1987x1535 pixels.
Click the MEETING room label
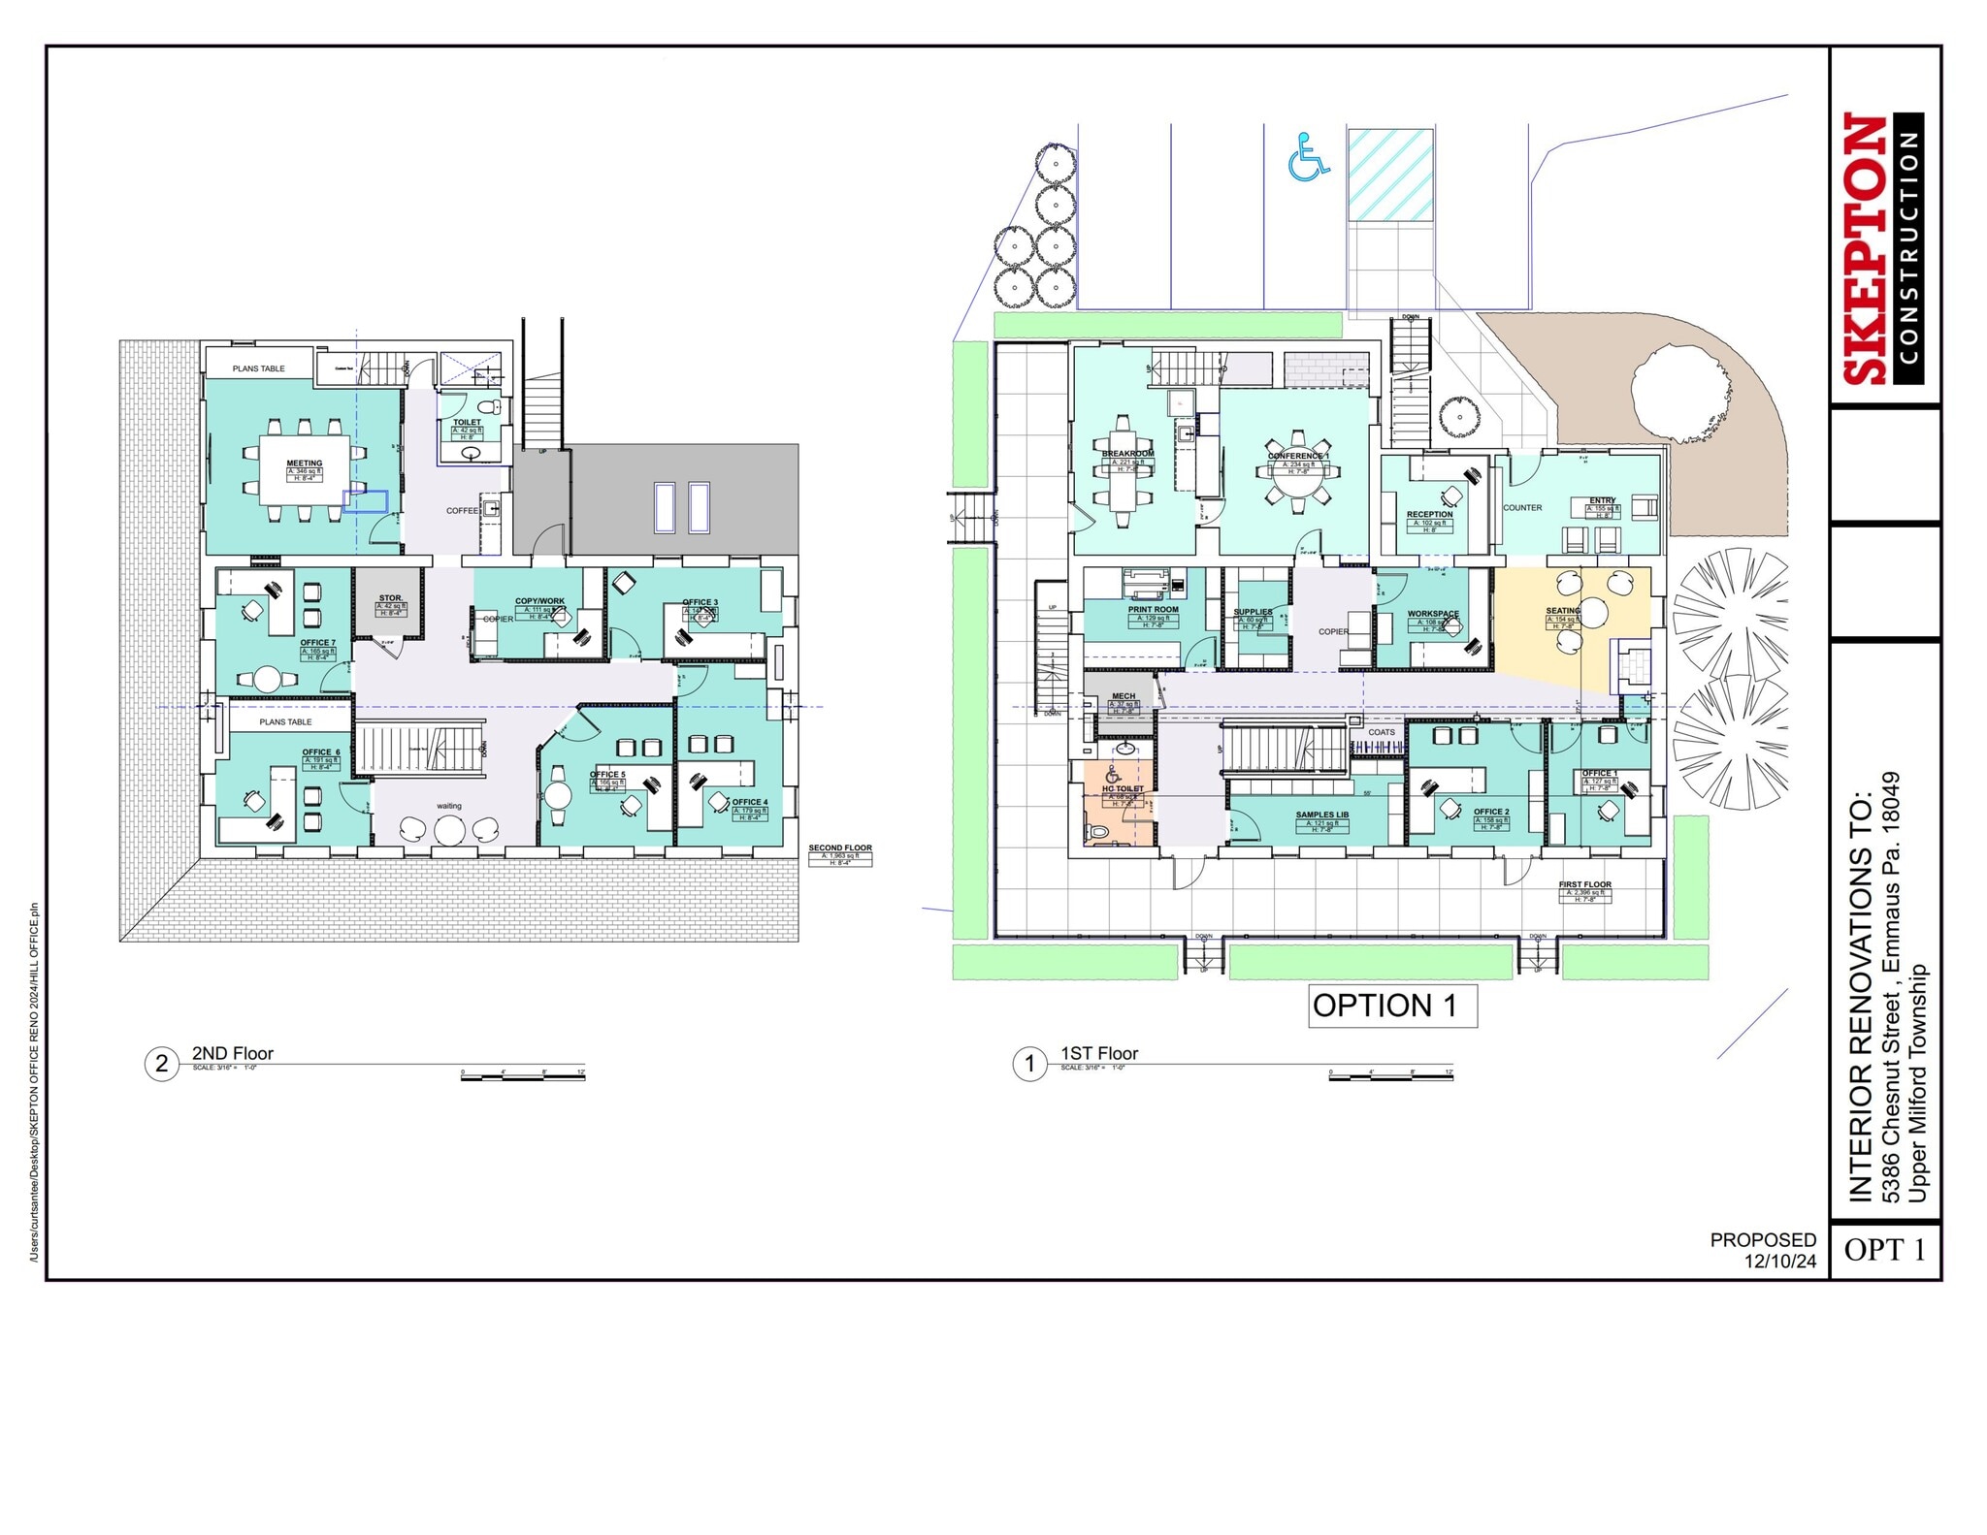coord(304,464)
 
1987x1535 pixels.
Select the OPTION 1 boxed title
coord(1391,1006)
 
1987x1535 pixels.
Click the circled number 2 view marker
coord(162,1064)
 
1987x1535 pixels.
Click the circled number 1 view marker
coord(1029,1064)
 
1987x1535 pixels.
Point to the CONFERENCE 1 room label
coord(1298,456)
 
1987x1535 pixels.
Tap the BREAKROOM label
coord(1127,454)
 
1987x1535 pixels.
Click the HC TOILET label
coord(1123,789)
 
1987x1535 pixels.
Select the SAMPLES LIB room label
coord(1321,815)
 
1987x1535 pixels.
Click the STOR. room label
coord(390,598)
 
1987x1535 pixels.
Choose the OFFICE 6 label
coord(320,752)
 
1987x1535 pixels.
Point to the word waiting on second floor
coord(449,806)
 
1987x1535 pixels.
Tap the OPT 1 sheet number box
coord(1884,1250)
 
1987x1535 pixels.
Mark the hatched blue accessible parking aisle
coord(1390,176)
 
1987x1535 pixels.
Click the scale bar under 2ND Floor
coord(523,1075)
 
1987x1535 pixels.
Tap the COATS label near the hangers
coord(1382,732)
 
